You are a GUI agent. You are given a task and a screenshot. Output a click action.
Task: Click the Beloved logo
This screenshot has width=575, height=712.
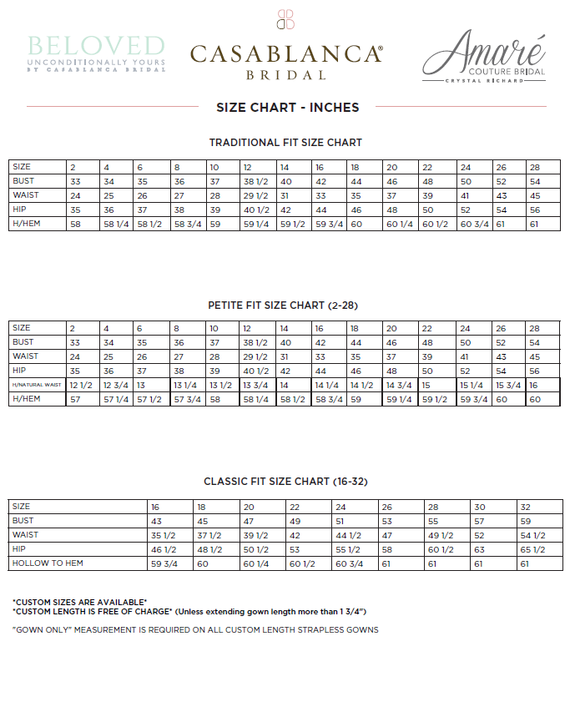[96, 52]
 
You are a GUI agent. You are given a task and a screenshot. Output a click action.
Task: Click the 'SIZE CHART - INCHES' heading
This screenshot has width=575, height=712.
[287, 107]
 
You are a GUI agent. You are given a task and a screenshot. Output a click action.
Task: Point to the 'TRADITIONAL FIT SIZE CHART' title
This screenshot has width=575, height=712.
[285, 143]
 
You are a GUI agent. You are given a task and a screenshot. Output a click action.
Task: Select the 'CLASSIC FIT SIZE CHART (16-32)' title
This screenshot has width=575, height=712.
[285, 482]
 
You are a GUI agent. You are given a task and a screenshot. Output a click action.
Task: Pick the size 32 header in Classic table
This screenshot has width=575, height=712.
[525, 507]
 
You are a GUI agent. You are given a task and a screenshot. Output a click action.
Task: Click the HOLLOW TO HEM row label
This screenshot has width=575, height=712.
[48, 563]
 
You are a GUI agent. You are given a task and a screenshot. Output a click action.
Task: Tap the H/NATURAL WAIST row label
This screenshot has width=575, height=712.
[37, 385]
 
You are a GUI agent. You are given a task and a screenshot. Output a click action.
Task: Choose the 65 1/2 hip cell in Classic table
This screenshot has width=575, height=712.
[532, 549]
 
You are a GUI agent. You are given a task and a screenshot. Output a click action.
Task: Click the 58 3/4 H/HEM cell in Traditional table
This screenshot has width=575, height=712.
[188, 224]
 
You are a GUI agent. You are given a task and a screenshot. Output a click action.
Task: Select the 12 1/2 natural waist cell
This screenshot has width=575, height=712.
[80, 385]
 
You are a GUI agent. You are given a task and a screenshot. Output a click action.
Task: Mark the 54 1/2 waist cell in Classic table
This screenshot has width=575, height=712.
[532, 535]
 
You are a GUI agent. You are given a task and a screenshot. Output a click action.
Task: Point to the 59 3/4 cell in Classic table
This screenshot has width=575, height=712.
[163, 563]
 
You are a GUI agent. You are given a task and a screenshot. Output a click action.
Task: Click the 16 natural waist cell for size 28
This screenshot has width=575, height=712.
[533, 385]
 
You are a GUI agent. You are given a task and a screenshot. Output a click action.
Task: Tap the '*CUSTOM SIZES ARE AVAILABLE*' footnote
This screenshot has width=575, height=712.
[80, 602]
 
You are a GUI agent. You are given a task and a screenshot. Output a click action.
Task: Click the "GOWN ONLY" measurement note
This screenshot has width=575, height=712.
[195, 629]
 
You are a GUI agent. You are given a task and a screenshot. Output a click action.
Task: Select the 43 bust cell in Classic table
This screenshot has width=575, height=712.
[156, 521]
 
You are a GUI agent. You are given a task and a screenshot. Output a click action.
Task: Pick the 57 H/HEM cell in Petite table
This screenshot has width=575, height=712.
[74, 399]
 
